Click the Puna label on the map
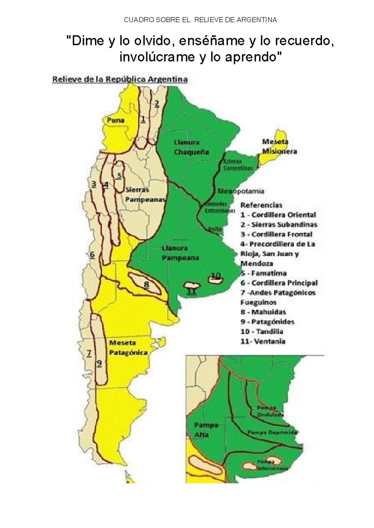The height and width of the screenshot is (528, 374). click(116, 120)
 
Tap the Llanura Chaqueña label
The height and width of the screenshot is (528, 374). click(191, 147)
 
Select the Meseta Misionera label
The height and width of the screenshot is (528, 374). click(279, 147)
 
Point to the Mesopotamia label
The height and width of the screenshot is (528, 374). click(241, 191)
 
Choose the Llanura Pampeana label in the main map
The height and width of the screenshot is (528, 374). click(180, 253)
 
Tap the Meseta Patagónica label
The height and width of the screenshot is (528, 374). click(128, 348)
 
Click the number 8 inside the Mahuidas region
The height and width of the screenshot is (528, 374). click(146, 284)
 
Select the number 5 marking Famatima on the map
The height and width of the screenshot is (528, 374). click(119, 176)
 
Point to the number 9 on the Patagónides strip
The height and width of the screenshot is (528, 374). click(99, 363)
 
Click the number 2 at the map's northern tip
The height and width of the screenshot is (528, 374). click(157, 103)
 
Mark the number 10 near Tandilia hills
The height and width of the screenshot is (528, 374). click(216, 276)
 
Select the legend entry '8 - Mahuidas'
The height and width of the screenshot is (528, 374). click(263, 312)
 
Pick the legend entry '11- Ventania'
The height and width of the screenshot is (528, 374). click(263, 341)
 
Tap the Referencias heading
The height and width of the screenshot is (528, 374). click(261, 205)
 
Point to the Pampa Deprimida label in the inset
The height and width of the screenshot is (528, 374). click(272, 432)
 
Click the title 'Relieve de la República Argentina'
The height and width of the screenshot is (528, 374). click(120, 79)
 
